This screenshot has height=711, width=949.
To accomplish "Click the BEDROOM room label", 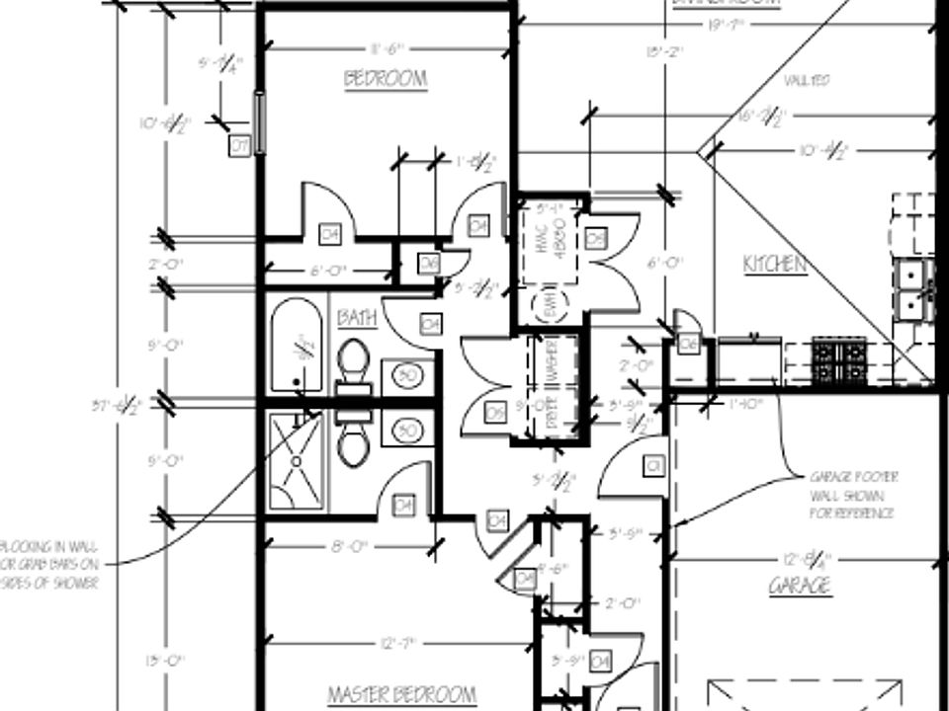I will tap(386, 79).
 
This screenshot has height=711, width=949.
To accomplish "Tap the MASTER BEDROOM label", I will tap(401, 695).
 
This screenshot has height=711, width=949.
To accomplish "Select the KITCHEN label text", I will tap(775, 264).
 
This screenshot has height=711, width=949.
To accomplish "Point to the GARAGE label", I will tap(800, 586).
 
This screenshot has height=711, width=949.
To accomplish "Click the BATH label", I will tap(357, 318).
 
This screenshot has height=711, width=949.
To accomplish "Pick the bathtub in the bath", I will tap(296, 346).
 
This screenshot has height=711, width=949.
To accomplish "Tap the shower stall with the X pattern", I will tap(296, 461).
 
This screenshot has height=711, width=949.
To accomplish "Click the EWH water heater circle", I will tap(547, 306).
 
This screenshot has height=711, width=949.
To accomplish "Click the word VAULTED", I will tap(807, 80).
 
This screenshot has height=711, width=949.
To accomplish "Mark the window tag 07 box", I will tap(238, 146).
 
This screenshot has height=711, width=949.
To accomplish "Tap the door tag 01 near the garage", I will tap(653, 465).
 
